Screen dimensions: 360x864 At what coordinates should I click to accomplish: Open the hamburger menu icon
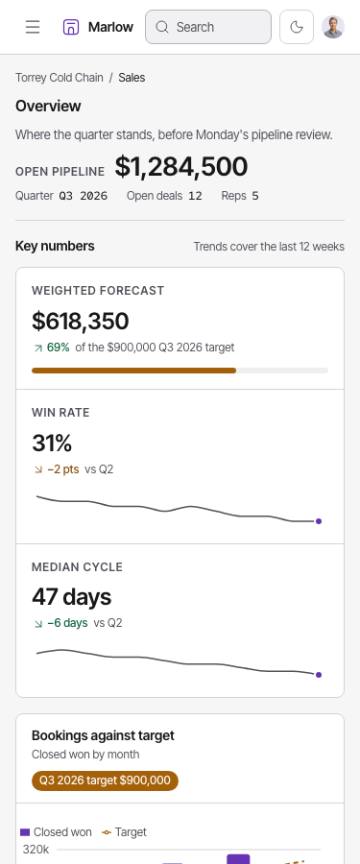pyautogui.click(x=33, y=27)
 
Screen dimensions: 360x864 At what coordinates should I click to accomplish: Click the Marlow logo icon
pyautogui.click(x=71, y=27)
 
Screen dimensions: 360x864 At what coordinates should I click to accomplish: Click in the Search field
pyautogui.click(x=208, y=27)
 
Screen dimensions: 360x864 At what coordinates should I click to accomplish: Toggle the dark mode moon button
pyautogui.click(x=297, y=27)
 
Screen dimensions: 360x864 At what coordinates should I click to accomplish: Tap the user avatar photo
pyautogui.click(x=333, y=27)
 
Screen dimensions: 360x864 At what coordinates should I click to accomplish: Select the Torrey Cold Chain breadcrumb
pyautogui.click(x=59, y=78)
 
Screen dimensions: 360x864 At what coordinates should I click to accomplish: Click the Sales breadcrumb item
pyautogui.click(x=132, y=78)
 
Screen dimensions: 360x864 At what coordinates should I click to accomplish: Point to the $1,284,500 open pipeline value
pyautogui.click(x=181, y=167)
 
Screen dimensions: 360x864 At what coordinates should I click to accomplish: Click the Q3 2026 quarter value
pyautogui.click(x=84, y=196)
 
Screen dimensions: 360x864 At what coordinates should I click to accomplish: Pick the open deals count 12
pyautogui.click(x=195, y=196)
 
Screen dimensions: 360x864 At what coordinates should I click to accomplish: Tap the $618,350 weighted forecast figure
pyautogui.click(x=81, y=322)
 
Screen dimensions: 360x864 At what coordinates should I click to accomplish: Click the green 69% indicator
pyautogui.click(x=58, y=348)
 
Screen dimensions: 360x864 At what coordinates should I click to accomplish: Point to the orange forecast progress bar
pyautogui.click(x=134, y=371)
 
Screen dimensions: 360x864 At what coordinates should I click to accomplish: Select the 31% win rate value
pyautogui.click(x=52, y=443)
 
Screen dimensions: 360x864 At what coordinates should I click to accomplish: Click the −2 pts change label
pyautogui.click(x=62, y=469)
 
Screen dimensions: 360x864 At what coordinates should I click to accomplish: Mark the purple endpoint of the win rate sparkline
pyautogui.click(x=319, y=521)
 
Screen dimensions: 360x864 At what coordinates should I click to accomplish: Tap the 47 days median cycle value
pyautogui.click(x=72, y=597)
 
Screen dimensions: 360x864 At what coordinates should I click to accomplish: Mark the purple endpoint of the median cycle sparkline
pyautogui.click(x=319, y=675)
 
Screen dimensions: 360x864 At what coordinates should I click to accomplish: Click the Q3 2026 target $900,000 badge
pyautogui.click(x=105, y=780)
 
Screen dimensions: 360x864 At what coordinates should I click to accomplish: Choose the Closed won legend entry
pyautogui.click(x=57, y=832)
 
